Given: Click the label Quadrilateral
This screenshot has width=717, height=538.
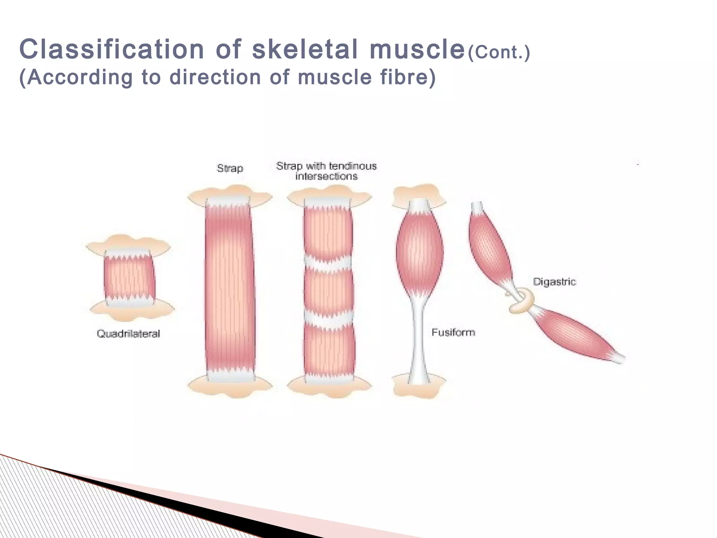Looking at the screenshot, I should click(x=128, y=333).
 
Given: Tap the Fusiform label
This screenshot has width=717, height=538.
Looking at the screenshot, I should click(x=453, y=332).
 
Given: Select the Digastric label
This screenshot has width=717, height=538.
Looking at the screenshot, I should click(x=554, y=282).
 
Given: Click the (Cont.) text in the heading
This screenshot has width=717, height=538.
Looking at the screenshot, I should click(x=499, y=52).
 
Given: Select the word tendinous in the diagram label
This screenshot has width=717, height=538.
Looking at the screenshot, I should click(x=353, y=166).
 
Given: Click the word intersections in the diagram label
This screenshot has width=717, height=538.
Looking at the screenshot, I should click(x=326, y=176).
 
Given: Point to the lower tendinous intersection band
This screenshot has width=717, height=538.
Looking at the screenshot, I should click(x=328, y=318).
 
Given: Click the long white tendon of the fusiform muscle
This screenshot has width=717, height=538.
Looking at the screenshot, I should click(x=419, y=336).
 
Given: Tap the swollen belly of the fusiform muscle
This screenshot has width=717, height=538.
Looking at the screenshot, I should click(x=419, y=250).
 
